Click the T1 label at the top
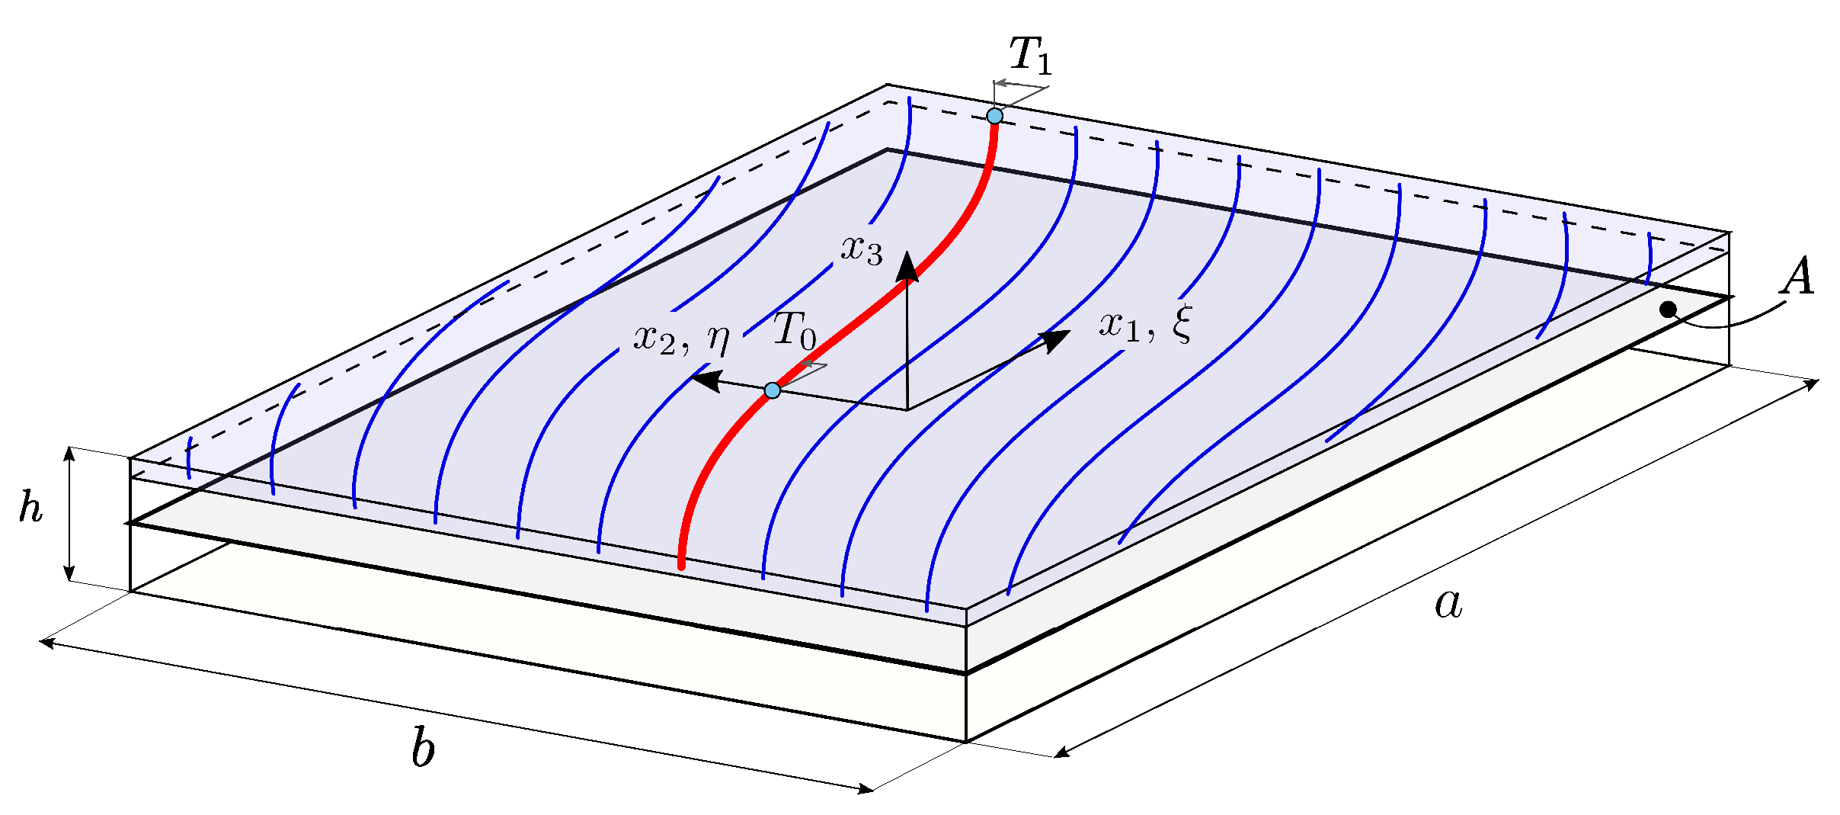1030,56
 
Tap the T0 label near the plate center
794,331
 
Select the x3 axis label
862,249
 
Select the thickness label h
30,508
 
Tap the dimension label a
1448,605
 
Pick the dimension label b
423,749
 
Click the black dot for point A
1669,310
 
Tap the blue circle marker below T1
994,116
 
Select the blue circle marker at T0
773,390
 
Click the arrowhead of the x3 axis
907,266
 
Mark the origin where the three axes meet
907,409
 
